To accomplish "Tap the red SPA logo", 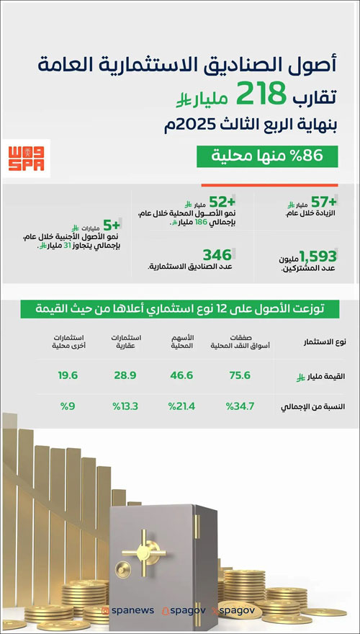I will [26, 158].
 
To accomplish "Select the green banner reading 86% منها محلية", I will [268, 156].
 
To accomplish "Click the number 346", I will [217, 255].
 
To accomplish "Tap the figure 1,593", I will [318, 255].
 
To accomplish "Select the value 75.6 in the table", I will [239, 375].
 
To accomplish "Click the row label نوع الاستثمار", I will [325, 341].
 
